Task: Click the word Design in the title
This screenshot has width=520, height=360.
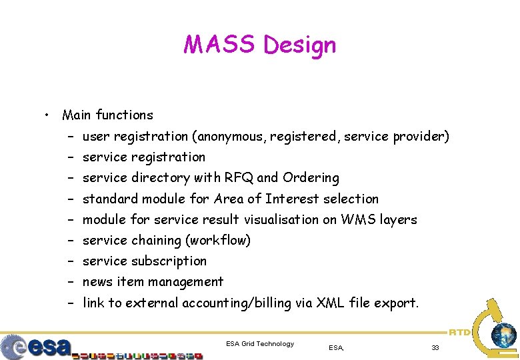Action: tap(300, 45)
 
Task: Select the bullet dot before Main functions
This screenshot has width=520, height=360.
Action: tap(45, 115)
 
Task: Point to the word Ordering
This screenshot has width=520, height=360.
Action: tap(311, 177)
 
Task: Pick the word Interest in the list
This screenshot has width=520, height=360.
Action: tap(292, 199)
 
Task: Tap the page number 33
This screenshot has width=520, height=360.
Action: tap(435, 347)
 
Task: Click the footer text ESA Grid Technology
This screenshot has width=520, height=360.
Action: tap(260, 343)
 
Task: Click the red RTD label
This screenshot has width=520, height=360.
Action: tap(459, 331)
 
